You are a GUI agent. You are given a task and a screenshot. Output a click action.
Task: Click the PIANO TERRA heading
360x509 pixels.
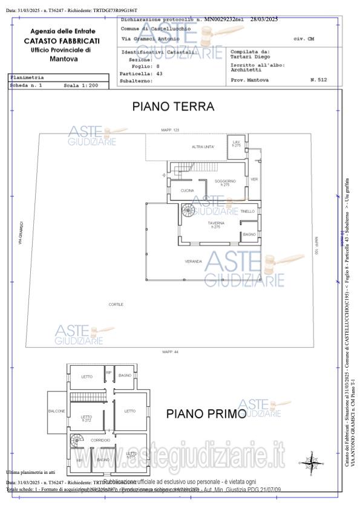pos(173,106)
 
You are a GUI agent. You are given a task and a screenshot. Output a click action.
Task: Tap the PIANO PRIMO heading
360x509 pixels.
pos(206,414)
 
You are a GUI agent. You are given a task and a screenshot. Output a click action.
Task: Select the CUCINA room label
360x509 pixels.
pos(187,191)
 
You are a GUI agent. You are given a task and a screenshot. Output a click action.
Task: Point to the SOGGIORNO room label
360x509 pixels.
pos(225,181)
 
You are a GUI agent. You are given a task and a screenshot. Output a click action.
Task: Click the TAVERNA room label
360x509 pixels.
pos(215,224)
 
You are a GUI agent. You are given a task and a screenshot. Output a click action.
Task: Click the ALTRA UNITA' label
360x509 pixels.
pos(203,147)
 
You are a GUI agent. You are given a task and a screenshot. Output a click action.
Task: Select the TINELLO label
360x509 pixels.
pos(247,211)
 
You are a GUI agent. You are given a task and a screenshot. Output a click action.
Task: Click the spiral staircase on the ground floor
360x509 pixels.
pos(189,211)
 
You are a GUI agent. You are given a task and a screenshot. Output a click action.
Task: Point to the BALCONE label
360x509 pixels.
pos(57,411)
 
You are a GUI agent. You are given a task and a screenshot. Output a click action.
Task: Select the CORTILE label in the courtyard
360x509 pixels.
pos(116,304)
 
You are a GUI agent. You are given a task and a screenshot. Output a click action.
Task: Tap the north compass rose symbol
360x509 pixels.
pos(311,462)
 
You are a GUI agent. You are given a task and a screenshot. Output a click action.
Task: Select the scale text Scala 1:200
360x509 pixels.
pos(80,86)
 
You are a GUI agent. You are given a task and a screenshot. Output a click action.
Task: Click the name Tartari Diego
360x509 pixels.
pos(246,57)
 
